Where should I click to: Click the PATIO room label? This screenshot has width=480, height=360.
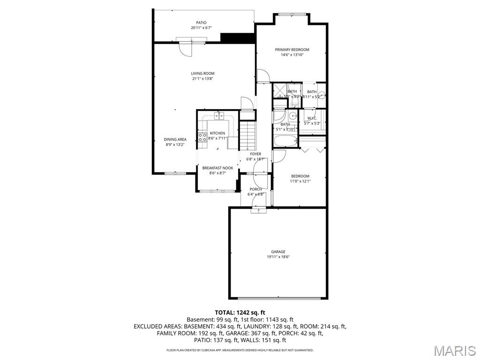[x=201, y=22]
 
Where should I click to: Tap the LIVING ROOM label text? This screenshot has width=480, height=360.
[x=202, y=73]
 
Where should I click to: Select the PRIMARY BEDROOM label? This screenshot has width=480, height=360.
[x=292, y=50]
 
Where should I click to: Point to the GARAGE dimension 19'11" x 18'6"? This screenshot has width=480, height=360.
[x=278, y=257]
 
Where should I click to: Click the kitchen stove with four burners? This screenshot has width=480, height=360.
[x=202, y=137]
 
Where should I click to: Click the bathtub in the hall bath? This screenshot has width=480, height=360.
[x=285, y=141]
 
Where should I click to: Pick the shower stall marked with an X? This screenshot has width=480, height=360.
[x=280, y=89]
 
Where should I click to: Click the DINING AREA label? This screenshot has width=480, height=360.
[x=175, y=139]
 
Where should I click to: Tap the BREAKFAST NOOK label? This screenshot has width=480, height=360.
[x=217, y=168]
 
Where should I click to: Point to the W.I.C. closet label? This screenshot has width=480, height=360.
[x=312, y=118]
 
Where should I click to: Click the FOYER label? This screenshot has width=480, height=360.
[x=255, y=154]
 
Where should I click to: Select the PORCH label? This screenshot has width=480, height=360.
[x=255, y=189]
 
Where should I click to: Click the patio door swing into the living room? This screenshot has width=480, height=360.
[x=186, y=49]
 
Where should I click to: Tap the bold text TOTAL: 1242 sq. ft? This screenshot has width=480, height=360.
[x=240, y=312]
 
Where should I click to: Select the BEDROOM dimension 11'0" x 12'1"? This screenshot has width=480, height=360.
[x=300, y=181]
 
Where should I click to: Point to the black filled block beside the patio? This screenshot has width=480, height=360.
[x=237, y=38]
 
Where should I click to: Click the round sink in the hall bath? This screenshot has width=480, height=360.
[x=293, y=116]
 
